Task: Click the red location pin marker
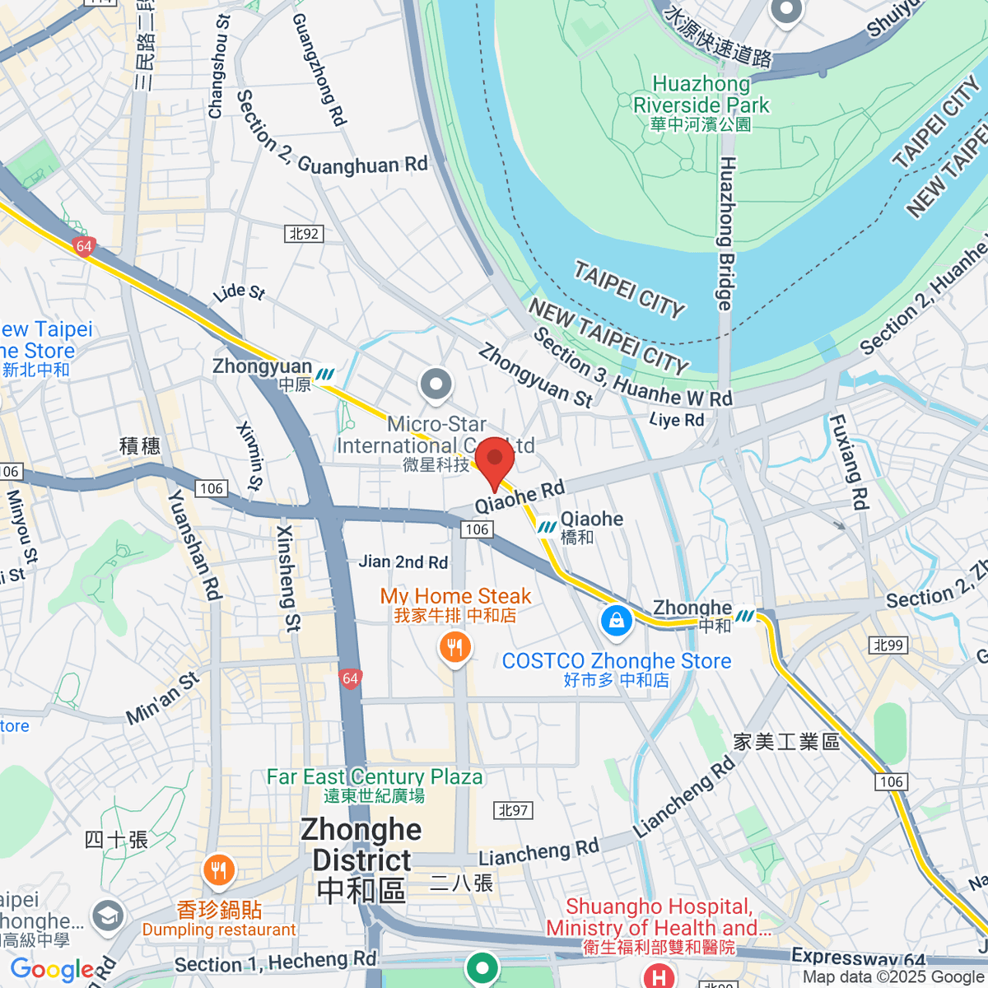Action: coord(495,460)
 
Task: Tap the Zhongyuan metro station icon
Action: coord(325,375)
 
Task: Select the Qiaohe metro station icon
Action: coord(546,526)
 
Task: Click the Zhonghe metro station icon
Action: coord(745,616)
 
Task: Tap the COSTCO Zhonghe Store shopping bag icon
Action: coord(616,620)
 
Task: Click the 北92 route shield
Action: coord(304,234)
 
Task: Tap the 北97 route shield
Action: coord(514,810)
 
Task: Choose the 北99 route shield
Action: coord(888,645)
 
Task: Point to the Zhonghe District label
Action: coord(361,860)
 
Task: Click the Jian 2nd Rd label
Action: coord(403,562)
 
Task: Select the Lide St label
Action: coord(239,292)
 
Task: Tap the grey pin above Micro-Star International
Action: coord(436,384)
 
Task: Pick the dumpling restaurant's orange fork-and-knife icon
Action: coord(218,870)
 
